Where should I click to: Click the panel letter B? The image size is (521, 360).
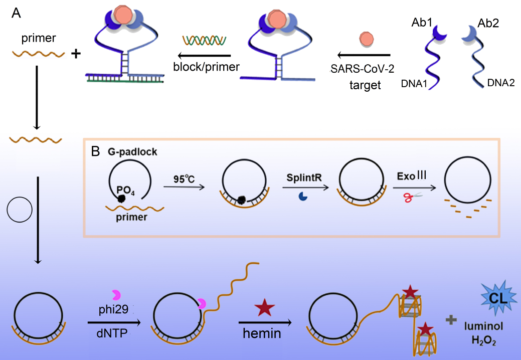coord(95,150)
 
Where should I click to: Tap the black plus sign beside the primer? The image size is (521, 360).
coord(76,54)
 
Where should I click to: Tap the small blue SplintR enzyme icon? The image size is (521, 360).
coord(302,197)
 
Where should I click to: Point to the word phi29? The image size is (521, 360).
coord(111,310)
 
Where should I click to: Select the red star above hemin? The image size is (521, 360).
coord(264,308)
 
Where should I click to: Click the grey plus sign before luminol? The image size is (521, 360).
coord(452,319)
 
